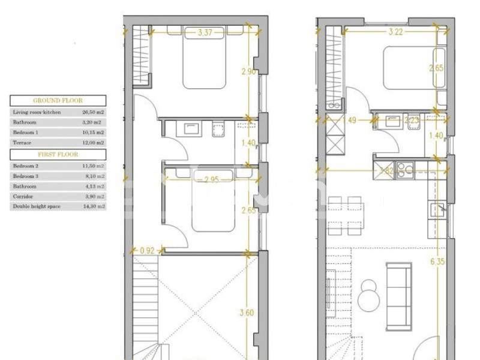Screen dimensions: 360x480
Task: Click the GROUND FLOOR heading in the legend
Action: click(x=58, y=101)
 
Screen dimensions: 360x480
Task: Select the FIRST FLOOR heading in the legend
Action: click(x=58, y=155)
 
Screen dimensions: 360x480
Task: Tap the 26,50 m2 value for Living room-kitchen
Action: click(x=93, y=112)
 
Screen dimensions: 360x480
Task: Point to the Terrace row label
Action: click(x=22, y=143)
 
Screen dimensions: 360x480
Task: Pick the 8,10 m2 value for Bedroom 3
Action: click(x=93, y=176)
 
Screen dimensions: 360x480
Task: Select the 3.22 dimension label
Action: click(x=395, y=32)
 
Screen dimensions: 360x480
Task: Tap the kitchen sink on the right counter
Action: click(x=437, y=209)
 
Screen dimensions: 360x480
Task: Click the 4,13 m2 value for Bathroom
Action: click(x=93, y=186)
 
